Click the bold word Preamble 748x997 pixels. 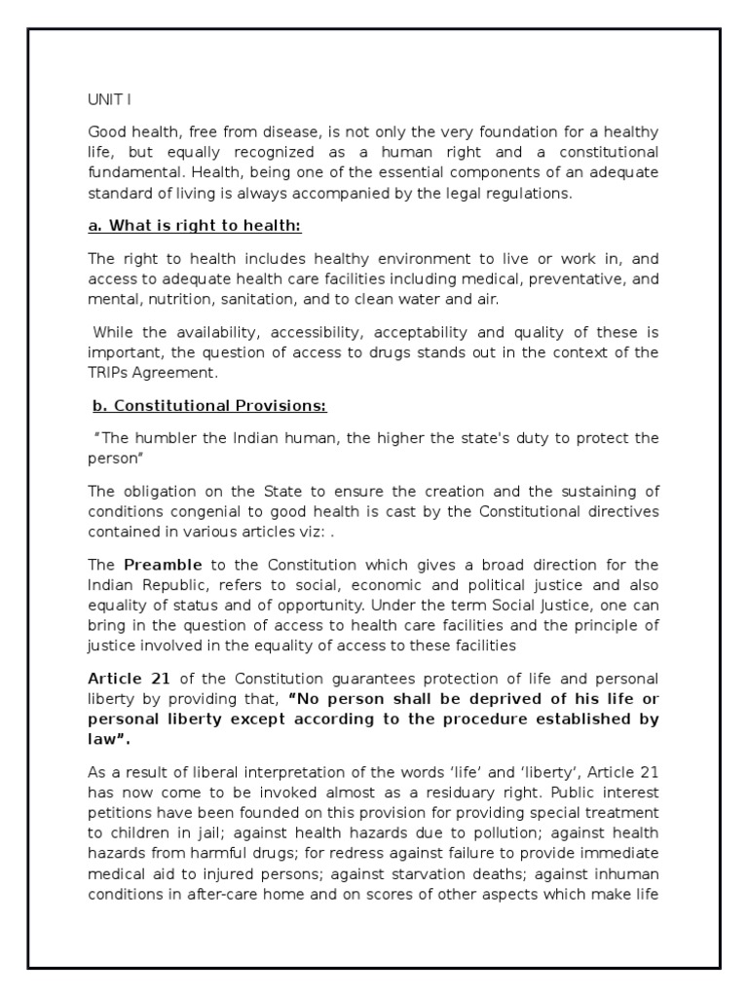[163, 565]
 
